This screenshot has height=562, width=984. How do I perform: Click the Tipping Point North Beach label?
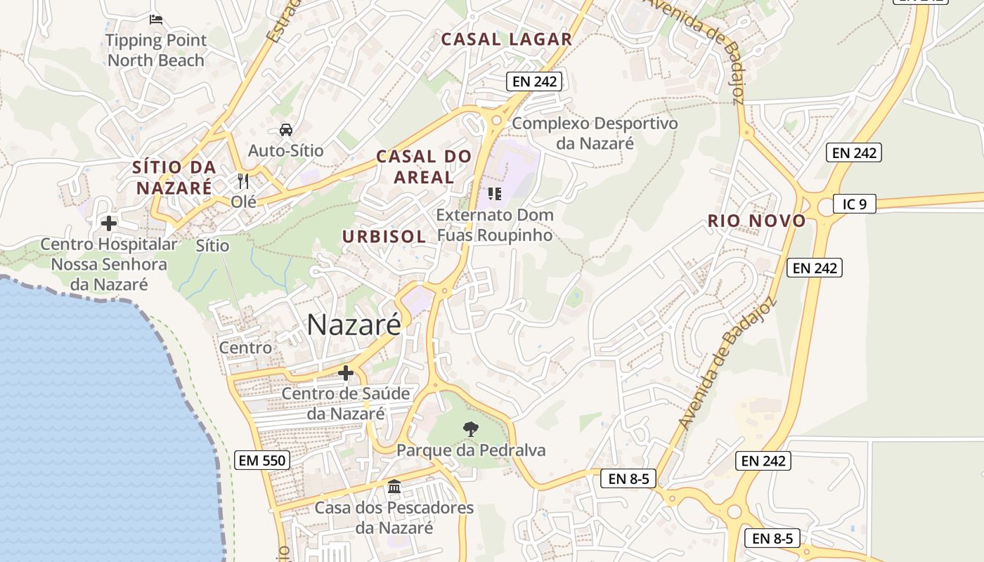click(x=156, y=50)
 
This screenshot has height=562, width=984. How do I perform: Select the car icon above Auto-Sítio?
click(x=286, y=129)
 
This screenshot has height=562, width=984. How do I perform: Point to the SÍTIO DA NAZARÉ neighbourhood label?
click(x=174, y=178)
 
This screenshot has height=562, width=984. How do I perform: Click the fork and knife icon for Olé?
click(x=243, y=181)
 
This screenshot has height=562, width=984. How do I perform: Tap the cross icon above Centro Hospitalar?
click(x=109, y=223)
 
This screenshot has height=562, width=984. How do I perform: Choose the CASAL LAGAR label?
click(x=506, y=39)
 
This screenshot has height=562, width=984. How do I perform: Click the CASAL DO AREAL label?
click(x=424, y=167)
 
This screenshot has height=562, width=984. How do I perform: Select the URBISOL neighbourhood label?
click(x=384, y=237)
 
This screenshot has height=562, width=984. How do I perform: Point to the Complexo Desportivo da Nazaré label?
click(x=595, y=133)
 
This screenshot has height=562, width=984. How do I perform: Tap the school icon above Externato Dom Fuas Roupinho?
click(x=495, y=193)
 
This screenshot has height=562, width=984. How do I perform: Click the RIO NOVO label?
click(x=756, y=221)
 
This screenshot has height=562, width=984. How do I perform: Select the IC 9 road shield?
click(x=855, y=204)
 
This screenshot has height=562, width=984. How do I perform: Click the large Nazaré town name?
click(x=354, y=325)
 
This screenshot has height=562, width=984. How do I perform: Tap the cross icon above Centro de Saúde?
click(x=345, y=372)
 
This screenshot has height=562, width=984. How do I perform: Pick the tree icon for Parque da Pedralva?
click(x=470, y=428)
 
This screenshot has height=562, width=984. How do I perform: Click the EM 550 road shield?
click(x=261, y=461)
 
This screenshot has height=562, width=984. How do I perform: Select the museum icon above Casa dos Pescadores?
click(x=394, y=486)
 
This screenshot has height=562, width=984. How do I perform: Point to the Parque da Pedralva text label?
click(x=471, y=450)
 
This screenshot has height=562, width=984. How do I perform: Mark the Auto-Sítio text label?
click(x=286, y=150)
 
